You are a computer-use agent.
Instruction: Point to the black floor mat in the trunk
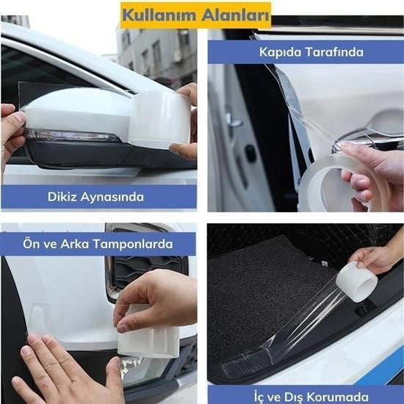click(x=264, y=294)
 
